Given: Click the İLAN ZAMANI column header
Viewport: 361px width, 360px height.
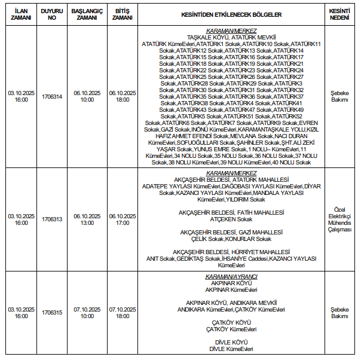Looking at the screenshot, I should [x=21, y=14].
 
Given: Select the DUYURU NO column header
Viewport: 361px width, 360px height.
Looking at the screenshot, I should [x=52, y=14].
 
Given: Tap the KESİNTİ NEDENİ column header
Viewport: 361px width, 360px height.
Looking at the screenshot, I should [x=339, y=14].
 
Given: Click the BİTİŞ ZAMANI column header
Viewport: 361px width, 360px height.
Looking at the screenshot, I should [x=123, y=14].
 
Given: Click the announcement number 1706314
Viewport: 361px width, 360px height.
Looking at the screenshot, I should [x=52, y=97].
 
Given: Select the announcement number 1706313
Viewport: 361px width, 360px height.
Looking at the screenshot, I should [x=52, y=219].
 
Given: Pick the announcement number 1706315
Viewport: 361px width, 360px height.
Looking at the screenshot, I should [x=52, y=313].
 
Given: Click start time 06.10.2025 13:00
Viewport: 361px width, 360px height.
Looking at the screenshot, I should [x=87, y=219].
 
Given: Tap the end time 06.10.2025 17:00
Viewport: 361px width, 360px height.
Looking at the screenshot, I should [x=123, y=219].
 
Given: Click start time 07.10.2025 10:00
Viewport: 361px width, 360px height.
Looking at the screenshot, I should [x=87, y=313].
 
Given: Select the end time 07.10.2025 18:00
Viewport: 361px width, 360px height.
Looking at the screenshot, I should [x=123, y=313].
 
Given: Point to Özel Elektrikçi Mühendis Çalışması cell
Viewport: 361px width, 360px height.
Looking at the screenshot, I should [x=339, y=219].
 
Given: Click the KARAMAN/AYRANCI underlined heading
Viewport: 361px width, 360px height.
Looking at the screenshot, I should [x=231, y=277].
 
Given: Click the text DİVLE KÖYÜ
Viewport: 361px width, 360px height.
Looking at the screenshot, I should [x=231, y=343].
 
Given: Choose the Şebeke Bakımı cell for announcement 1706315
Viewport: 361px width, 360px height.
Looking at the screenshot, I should [x=339, y=313].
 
